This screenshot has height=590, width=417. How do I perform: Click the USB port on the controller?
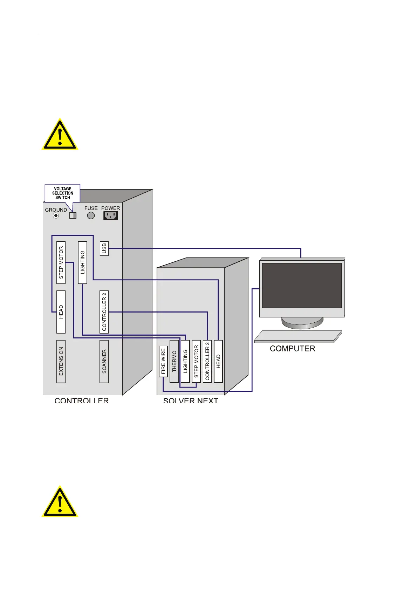(104, 248)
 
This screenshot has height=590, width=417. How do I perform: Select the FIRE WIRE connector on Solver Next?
(163, 361)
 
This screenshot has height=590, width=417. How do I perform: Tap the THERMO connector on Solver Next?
(174, 361)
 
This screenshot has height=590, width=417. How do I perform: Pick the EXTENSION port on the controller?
(61, 361)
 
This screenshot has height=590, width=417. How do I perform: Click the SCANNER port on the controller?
(104, 361)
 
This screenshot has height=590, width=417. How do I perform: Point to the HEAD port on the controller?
(61, 312)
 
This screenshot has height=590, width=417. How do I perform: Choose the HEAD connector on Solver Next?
(218, 361)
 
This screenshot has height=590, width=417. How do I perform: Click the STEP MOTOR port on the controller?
(61, 262)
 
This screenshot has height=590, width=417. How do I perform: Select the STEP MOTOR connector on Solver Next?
(196, 361)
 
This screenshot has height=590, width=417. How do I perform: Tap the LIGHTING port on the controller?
(83, 262)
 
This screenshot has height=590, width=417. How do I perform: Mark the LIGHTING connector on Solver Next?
(185, 361)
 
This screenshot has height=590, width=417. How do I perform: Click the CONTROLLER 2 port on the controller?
(104, 312)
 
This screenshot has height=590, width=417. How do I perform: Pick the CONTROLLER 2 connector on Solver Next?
(207, 361)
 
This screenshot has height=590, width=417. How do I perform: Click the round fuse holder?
(91, 215)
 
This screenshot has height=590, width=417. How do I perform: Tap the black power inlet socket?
(110, 215)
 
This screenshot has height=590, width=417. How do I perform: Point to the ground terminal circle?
(56, 216)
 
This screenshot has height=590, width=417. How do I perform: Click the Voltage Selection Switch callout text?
(63, 193)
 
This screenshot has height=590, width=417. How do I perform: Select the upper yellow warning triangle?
(60, 135)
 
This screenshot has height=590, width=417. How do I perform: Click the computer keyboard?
(298, 336)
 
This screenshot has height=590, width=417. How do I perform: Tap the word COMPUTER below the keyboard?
(293, 349)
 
